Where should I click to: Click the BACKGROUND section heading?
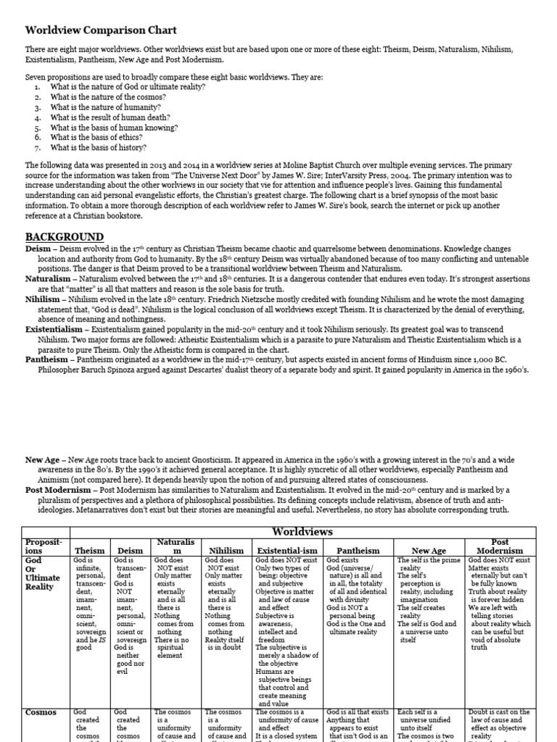tap(65, 237)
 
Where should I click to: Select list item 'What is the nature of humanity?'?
tap(106, 107)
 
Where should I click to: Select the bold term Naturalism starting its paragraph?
tap(48, 278)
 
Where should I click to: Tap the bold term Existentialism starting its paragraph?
tap(54, 329)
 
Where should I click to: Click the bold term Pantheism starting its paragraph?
tap(47, 359)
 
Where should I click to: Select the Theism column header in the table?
tap(91, 551)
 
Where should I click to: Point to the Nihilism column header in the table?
tap(226, 551)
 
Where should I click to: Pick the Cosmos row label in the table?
tap(41, 712)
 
